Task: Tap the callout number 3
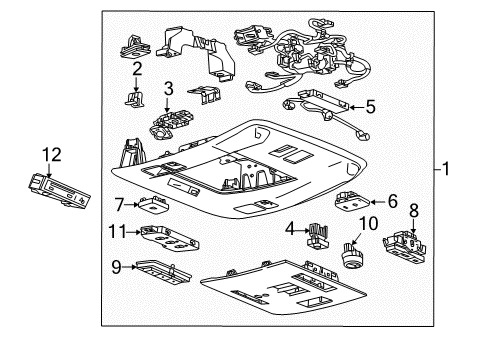click(x=169, y=89)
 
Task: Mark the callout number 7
click(x=119, y=204)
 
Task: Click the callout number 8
click(x=415, y=210)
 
